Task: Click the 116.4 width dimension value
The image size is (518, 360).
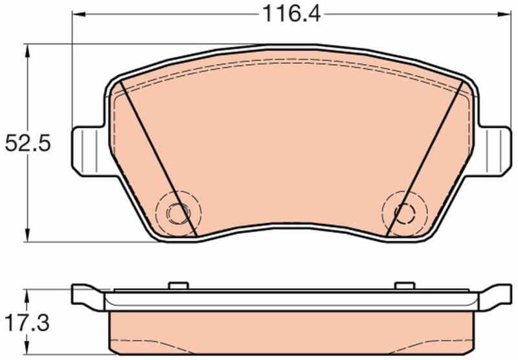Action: click(291, 14)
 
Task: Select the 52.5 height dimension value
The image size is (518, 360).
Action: click(28, 144)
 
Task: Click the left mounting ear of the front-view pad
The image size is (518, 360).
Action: click(89, 151)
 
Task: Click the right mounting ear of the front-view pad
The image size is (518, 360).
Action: click(495, 151)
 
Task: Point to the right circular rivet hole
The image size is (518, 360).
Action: click(405, 213)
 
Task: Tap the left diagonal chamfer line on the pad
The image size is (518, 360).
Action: click(158, 159)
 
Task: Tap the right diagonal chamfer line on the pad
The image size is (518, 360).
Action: click(425, 159)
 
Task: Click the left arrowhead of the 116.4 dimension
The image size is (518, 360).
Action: click(78, 14)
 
